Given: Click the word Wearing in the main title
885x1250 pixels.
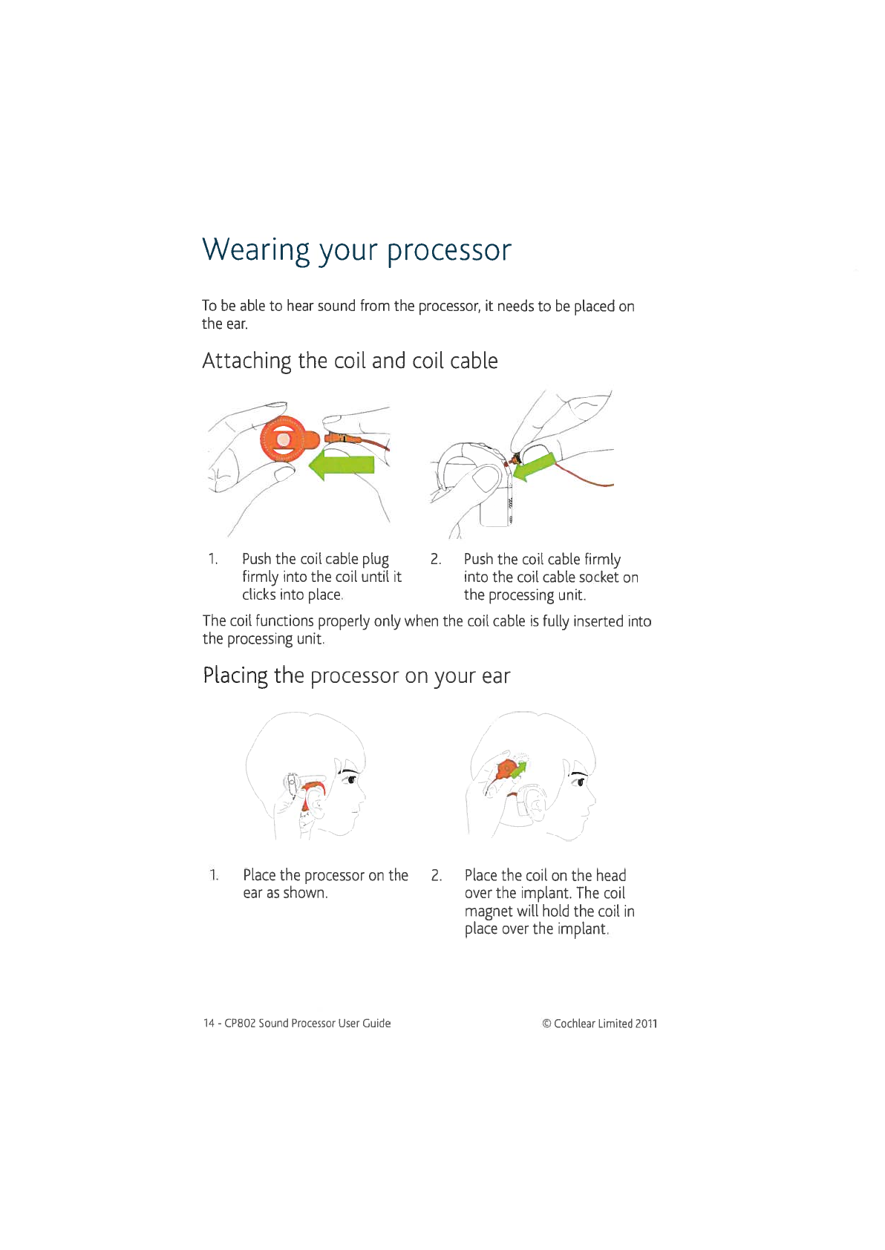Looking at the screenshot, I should [x=256, y=251].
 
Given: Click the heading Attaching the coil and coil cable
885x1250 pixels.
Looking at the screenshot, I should [x=350, y=361].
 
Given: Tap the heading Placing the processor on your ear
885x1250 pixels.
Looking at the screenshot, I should [x=356, y=675].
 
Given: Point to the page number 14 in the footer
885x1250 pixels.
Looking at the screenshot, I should [x=209, y=1023].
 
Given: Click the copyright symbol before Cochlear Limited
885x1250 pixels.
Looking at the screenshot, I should [x=546, y=1024].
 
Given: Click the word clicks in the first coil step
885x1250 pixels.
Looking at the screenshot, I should [x=259, y=595].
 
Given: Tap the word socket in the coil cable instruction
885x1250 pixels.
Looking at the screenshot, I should [x=598, y=577].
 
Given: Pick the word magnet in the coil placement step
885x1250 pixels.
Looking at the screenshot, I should [x=489, y=911].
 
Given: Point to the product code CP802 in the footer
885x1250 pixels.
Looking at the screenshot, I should [x=240, y=1023].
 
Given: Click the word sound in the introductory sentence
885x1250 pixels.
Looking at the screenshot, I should [x=336, y=306].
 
